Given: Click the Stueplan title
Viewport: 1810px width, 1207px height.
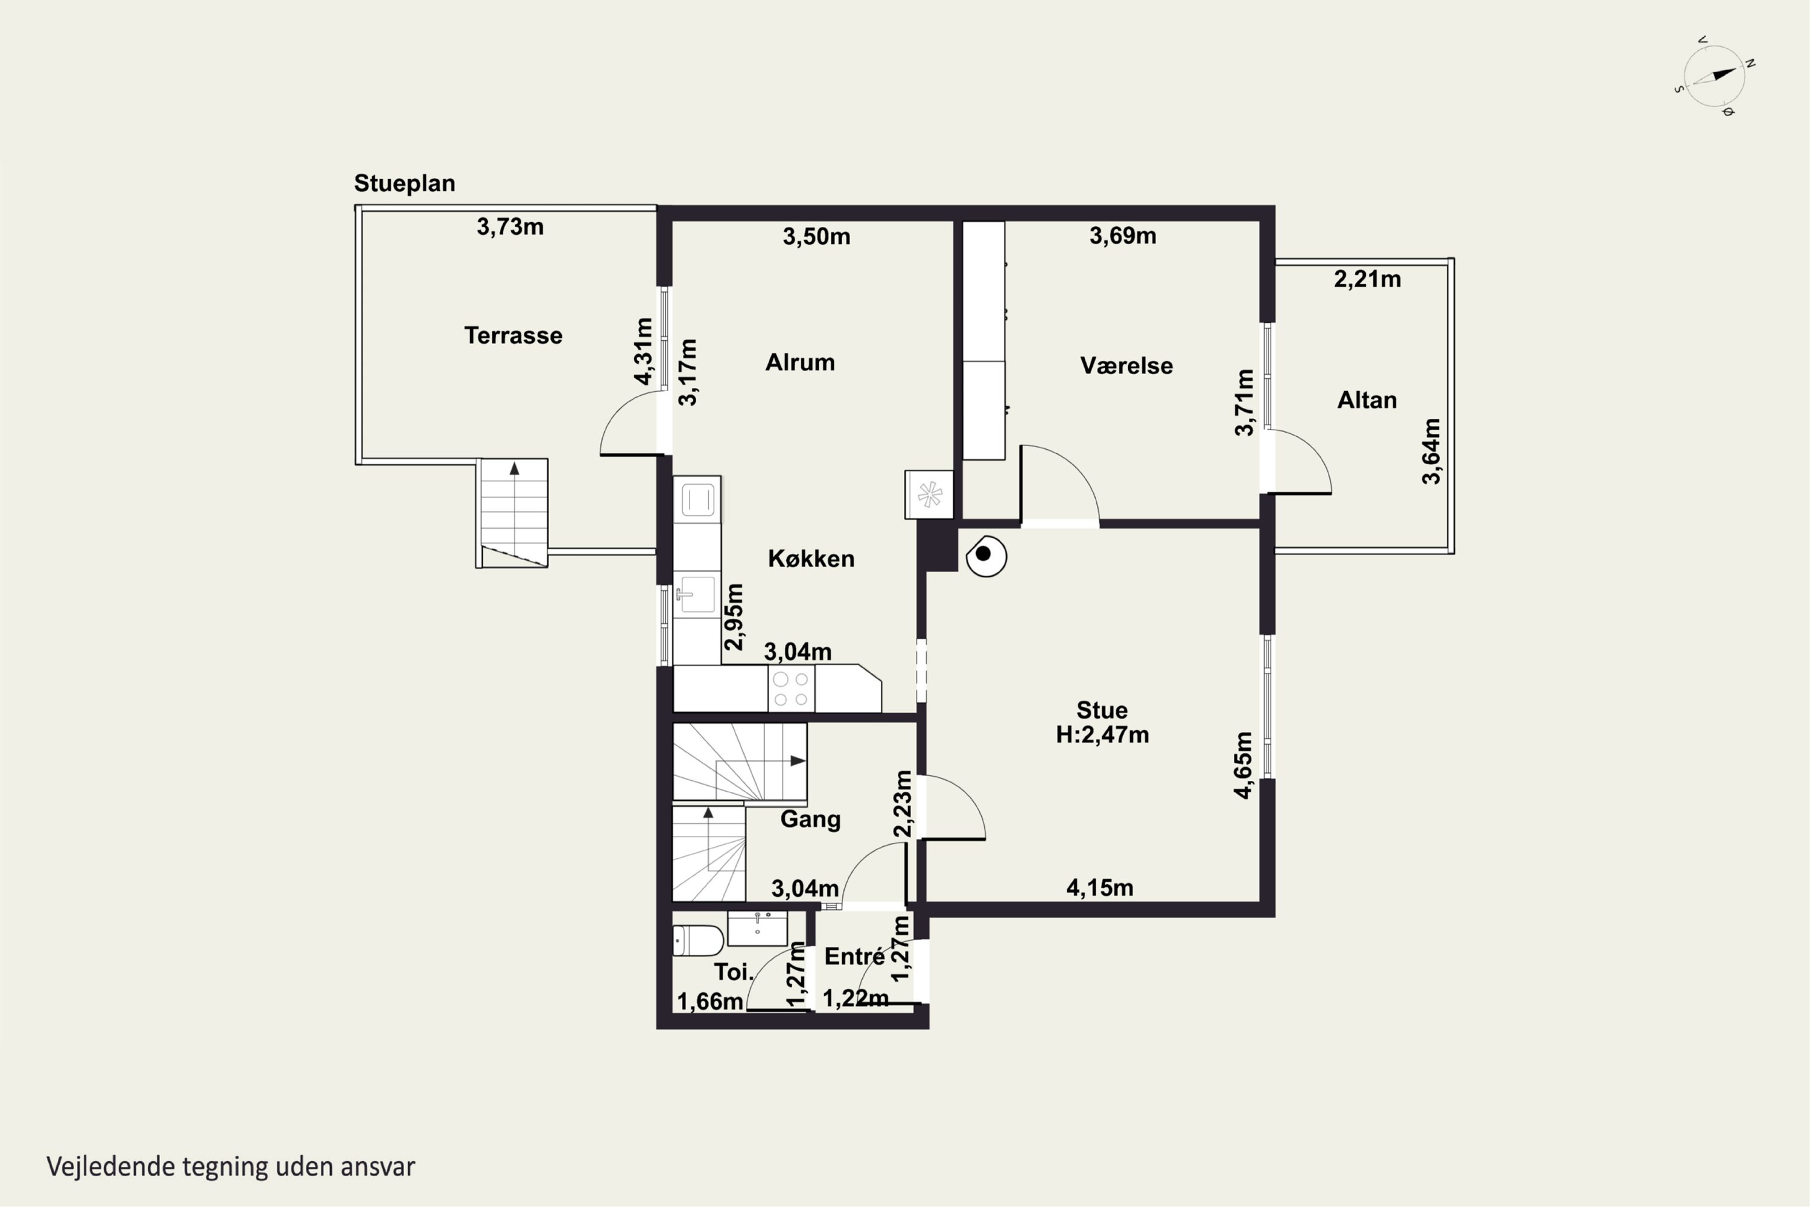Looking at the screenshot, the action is tap(404, 183).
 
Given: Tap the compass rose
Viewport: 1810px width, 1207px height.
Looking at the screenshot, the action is tap(1715, 75).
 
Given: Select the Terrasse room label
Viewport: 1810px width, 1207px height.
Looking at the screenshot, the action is tap(513, 336).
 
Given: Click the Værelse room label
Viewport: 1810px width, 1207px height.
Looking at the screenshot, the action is tap(1126, 365).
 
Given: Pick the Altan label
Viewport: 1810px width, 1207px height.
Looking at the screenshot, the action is tap(1367, 400).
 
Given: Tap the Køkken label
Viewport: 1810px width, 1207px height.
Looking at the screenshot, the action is tap(811, 558).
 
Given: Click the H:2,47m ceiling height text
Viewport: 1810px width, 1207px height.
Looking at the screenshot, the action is tap(1102, 734).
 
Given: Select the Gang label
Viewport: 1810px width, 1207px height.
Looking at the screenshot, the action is tap(810, 819).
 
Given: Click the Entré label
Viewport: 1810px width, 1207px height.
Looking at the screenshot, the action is tap(854, 956).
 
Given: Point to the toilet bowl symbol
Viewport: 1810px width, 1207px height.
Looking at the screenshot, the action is tap(698, 940).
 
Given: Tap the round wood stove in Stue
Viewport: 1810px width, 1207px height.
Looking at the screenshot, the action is tap(986, 556).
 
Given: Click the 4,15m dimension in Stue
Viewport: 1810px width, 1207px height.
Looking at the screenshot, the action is tap(1100, 888).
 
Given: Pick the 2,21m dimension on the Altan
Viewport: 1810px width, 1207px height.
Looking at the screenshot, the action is tap(1368, 279).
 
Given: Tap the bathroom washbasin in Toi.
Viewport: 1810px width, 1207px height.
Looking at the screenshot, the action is tap(757, 928).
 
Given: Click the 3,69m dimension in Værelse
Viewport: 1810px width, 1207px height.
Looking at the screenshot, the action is tap(1123, 235).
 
